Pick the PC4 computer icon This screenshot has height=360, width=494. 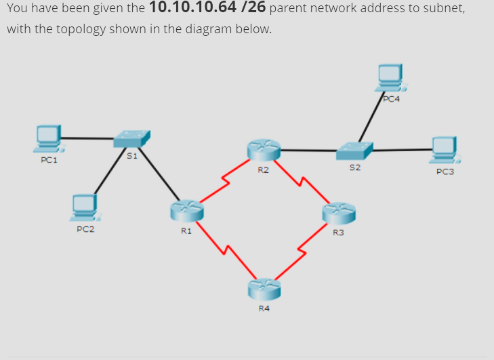click(391, 78)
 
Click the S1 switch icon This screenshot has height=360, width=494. click(131, 138)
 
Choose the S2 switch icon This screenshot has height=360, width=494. click(354, 151)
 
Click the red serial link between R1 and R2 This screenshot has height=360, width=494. click(224, 182)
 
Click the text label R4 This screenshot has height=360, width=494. click(264, 308)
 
